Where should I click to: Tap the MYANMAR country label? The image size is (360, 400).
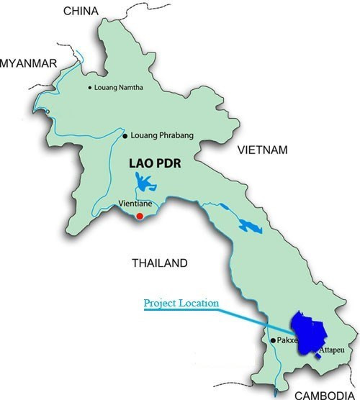click(x=28, y=63)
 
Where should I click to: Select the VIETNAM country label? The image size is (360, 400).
click(x=263, y=150)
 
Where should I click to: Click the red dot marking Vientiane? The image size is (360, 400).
click(x=140, y=214)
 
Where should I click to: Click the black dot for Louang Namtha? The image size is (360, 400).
click(x=90, y=88)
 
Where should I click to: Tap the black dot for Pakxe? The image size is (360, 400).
click(x=272, y=340)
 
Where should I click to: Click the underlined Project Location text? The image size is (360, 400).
click(x=181, y=303)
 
